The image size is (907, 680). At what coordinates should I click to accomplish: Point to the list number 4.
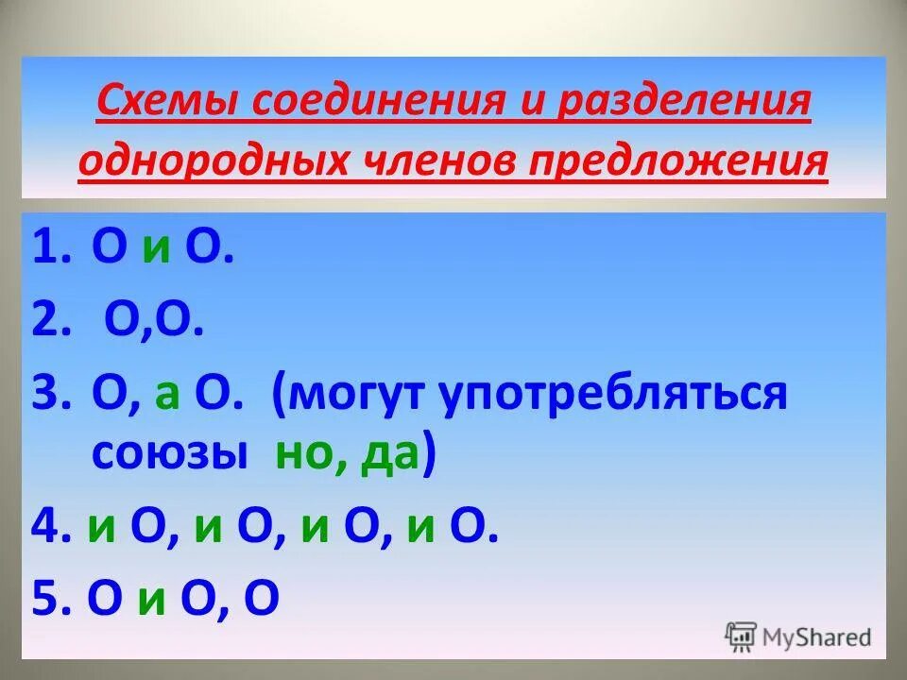[46, 530]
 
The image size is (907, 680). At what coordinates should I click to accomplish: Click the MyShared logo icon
[741, 636]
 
